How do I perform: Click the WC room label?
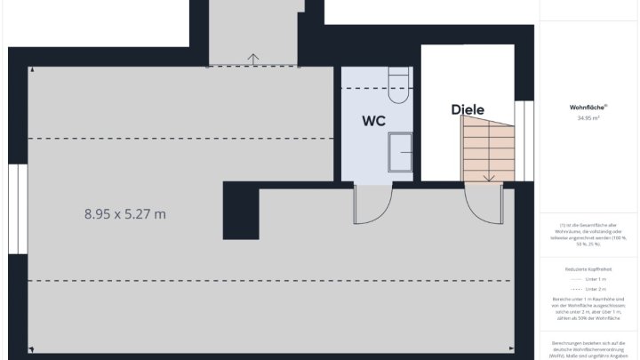coord(373,121)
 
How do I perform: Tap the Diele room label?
coord(468,109)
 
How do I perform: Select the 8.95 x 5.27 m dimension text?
coord(125,213)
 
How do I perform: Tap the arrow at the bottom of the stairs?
coord(488,176)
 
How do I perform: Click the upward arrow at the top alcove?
coord(253,60)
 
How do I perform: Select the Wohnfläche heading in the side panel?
coord(588,107)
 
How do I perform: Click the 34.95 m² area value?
coord(588,117)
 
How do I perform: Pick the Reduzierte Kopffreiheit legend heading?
coord(588,268)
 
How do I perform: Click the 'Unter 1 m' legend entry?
coord(588,278)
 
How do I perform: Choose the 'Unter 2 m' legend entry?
coord(588,289)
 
